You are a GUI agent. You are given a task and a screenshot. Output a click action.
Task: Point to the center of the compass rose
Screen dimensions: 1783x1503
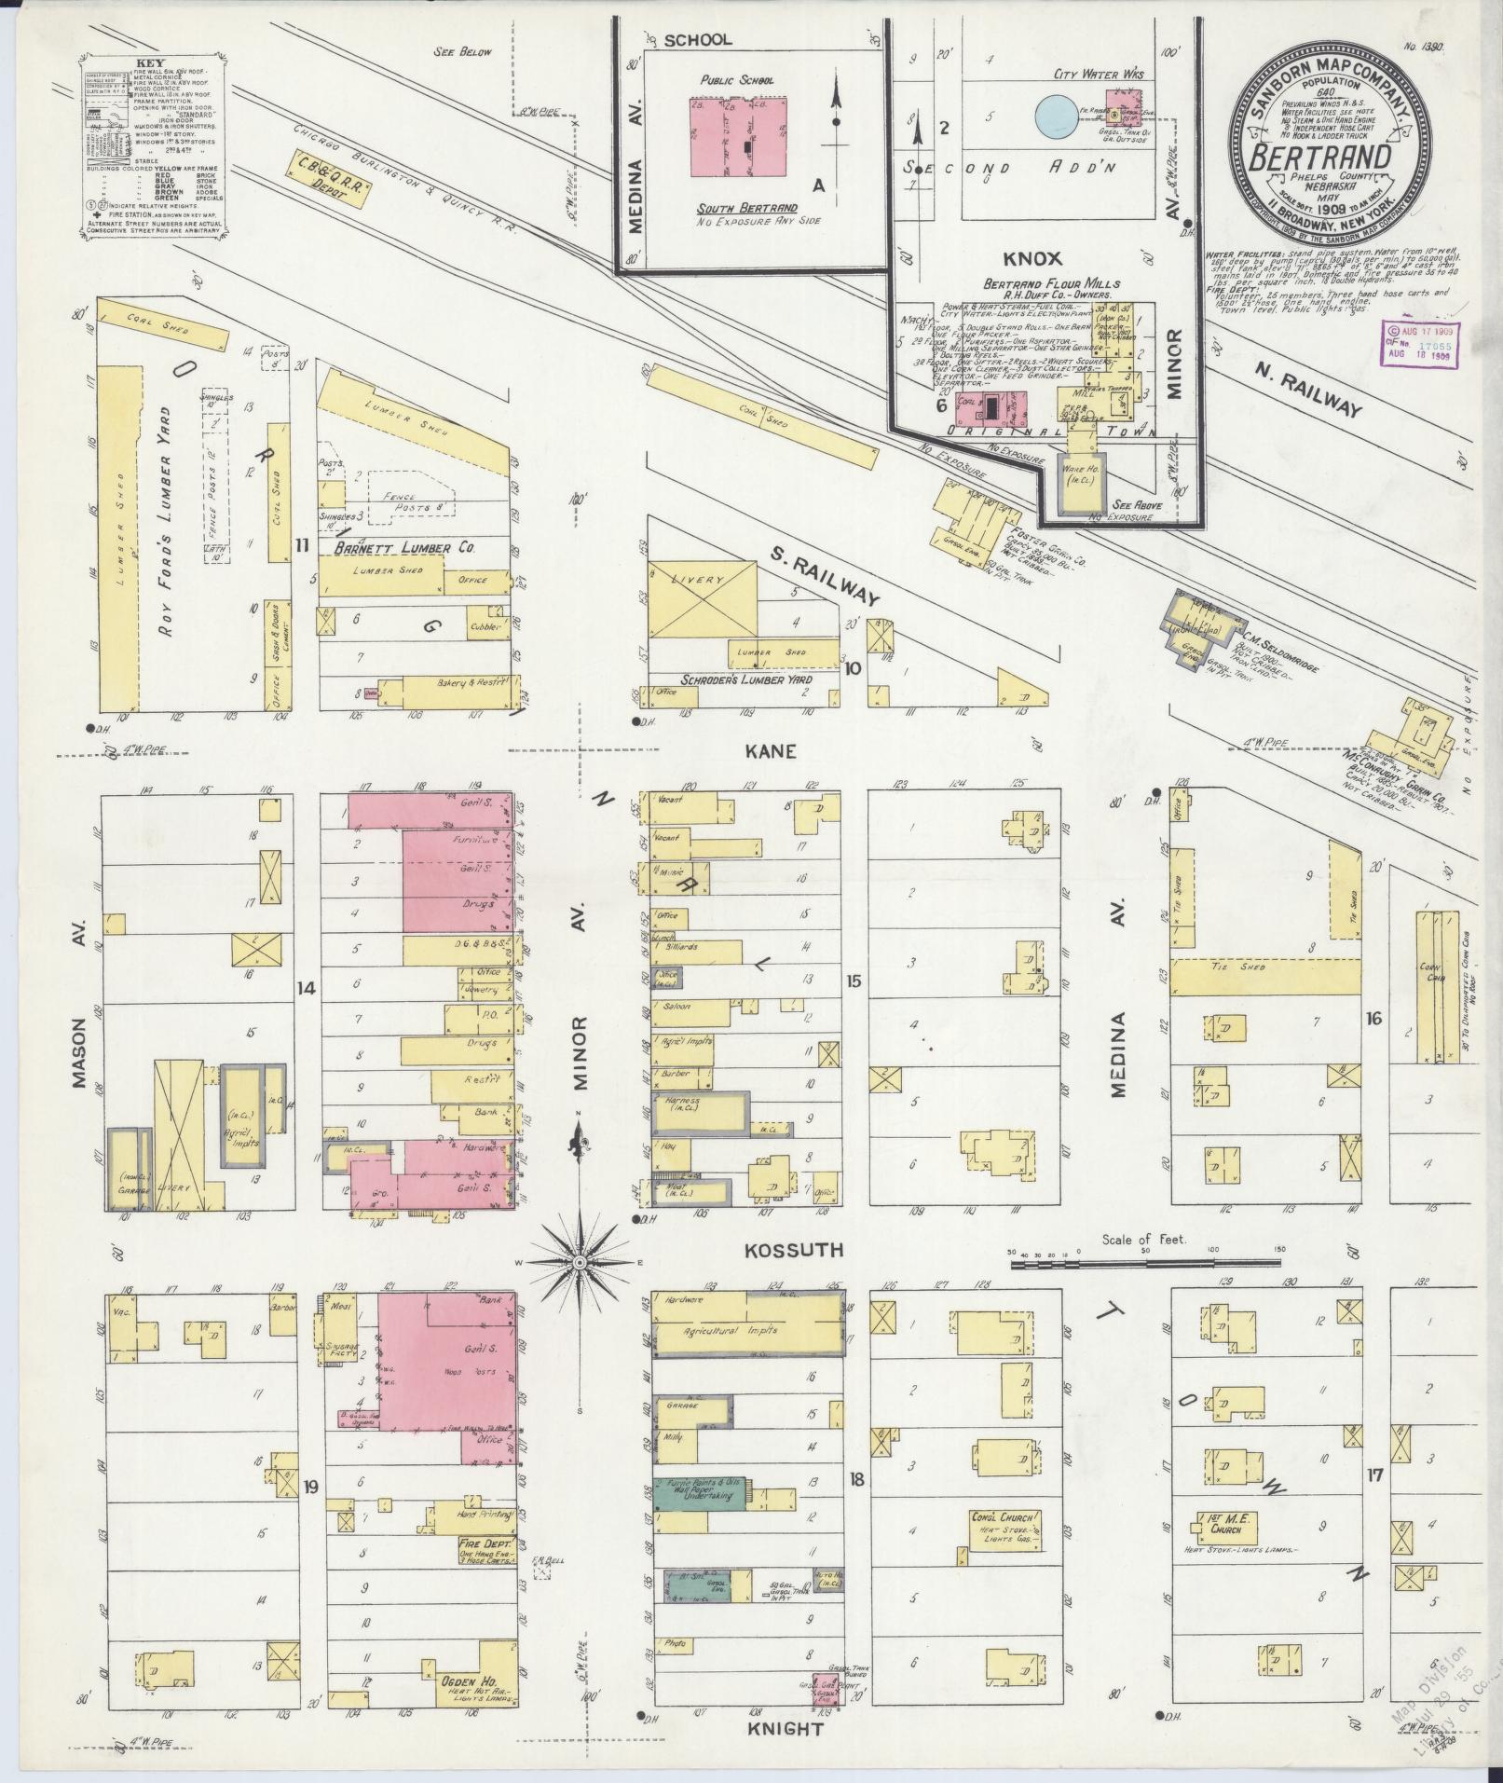579,1262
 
